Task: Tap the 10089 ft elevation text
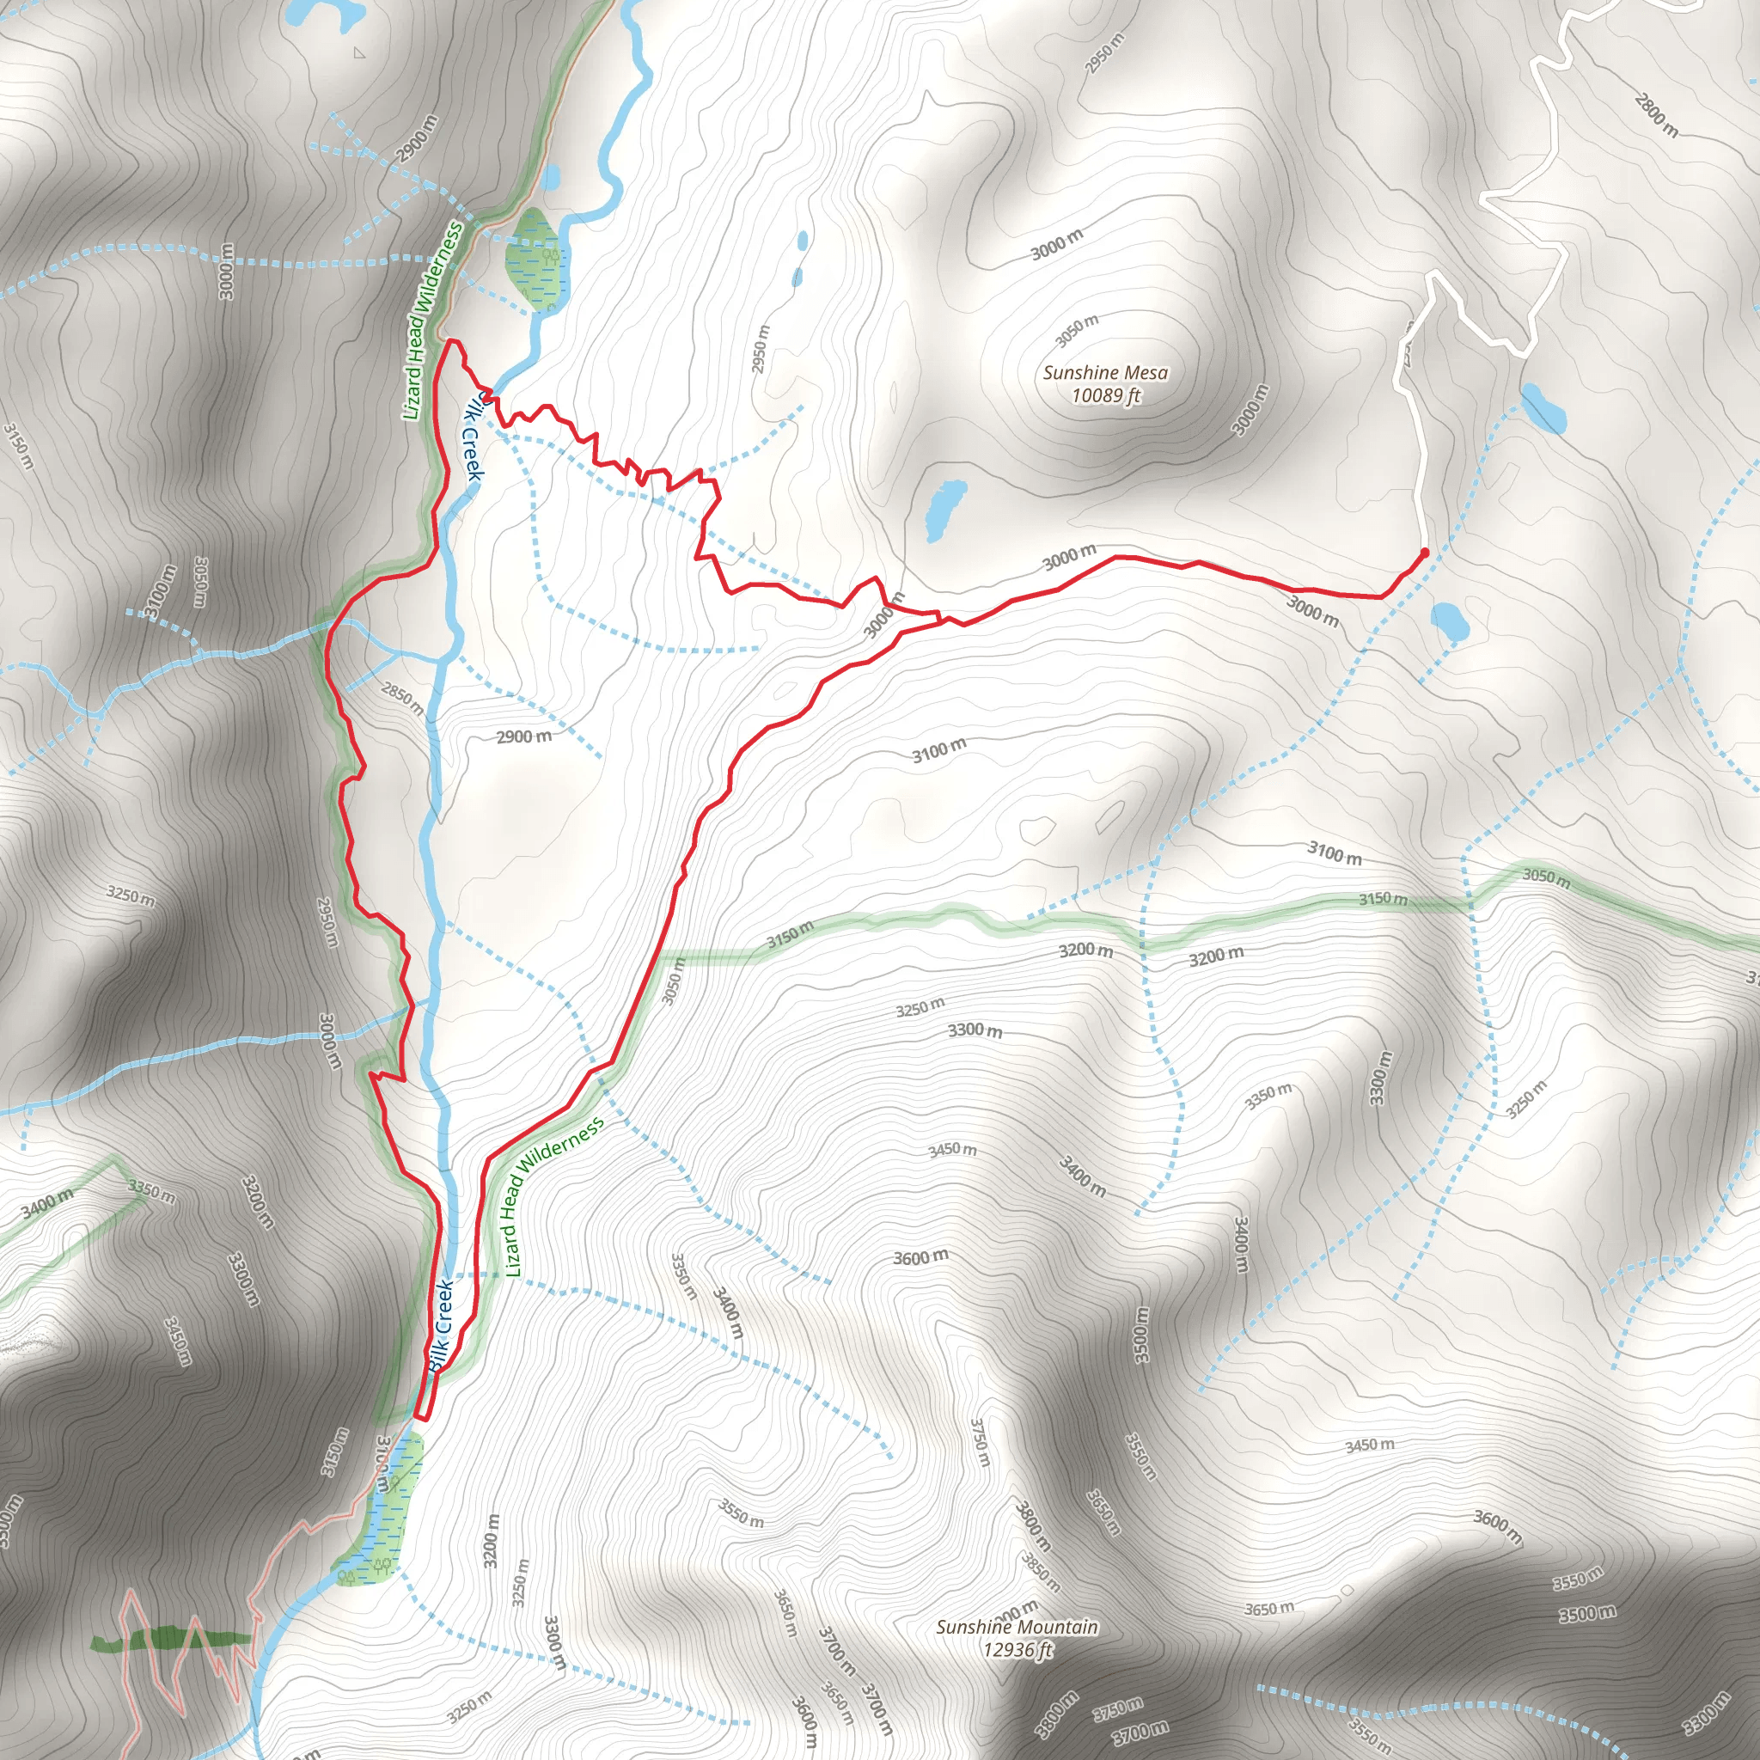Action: click(1105, 395)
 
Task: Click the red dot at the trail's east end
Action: click(1424, 551)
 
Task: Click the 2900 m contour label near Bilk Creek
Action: click(524, 736)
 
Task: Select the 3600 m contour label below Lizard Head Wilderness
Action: click(920, 1258)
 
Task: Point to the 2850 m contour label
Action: click(401, 698)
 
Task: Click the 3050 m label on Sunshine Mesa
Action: click(1077, 332)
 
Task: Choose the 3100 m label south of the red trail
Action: click(939, 749)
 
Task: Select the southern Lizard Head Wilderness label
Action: click(554, 1196)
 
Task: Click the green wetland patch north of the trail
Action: click(536, 259)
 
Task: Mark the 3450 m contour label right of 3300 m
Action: click(952, 1150)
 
